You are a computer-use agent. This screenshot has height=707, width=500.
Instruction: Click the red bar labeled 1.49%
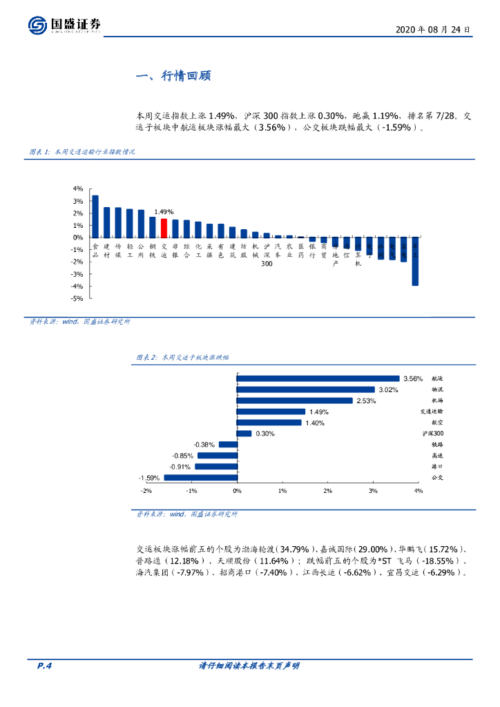(x=164, y=228)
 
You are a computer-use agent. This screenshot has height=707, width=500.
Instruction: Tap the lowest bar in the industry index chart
(x=415, y=262)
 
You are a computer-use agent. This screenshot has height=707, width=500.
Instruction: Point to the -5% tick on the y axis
(x=78, y=298)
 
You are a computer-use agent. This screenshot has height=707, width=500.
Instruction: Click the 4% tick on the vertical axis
(x=78, y=188)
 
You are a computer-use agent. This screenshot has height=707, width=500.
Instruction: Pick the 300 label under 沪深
(x=267, y=264)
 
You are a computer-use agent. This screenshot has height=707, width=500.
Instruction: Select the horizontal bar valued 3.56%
(x=318, y=378)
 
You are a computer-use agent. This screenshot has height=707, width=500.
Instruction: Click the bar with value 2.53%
(x=294, y=400)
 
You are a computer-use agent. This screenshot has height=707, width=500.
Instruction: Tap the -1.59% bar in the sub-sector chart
(x=200, y=477)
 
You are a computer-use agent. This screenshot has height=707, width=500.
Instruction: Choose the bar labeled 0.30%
(x=244, y=434)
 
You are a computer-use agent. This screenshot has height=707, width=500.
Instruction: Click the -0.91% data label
(x=184, y=466)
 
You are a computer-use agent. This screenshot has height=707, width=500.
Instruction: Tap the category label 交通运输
(x=431, y=411)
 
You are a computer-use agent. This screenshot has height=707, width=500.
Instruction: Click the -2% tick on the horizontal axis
(x=146, y=490)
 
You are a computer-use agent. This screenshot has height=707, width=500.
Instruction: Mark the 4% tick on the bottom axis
(x=418, y=490)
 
